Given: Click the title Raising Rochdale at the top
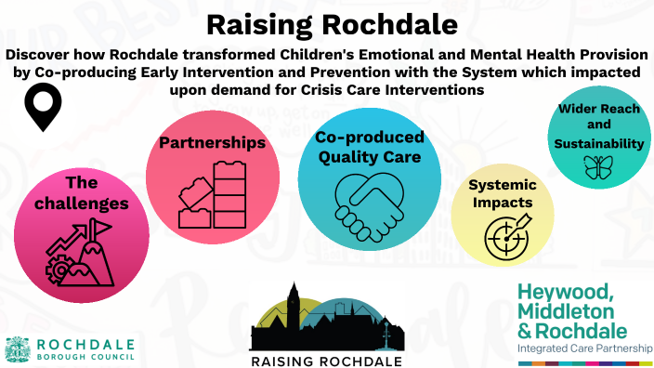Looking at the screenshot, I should click(326, 22).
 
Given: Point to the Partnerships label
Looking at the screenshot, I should click(213, 144).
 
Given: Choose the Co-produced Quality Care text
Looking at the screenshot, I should click(370, 147).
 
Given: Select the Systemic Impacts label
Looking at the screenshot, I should click(501, 193).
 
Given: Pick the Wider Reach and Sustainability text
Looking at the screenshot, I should click(599, 126).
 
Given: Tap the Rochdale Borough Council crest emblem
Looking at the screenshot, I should click(17, 348).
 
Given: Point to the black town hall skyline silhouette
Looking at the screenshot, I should click(326, 322).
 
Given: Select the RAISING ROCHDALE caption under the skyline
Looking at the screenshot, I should click(326, 360).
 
